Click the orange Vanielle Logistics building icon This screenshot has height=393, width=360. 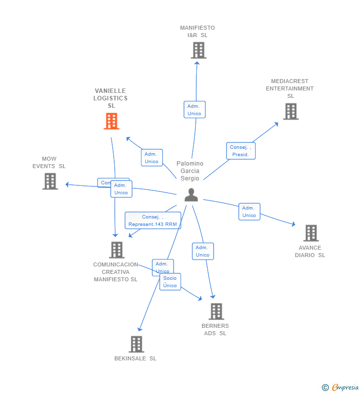(111, 121)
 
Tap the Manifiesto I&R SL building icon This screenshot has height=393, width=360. (198, 50)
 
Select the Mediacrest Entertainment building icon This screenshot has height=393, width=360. (291, 111)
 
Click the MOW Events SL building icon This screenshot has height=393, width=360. (50, 181)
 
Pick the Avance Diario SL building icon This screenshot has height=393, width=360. (311, 233)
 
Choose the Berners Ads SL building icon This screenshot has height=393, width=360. (216, 311)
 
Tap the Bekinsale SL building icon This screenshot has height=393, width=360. (136, 344)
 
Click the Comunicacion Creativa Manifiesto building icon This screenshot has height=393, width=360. (116, 250)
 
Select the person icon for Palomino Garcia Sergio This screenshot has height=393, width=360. (191, 195)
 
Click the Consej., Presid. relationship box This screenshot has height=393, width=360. (241, 151)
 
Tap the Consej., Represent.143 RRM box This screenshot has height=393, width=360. (153, 220)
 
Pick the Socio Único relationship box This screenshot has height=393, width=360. (170, 282)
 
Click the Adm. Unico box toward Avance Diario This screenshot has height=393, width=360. (249, 212)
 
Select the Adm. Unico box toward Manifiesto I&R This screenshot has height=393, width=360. (194, 110)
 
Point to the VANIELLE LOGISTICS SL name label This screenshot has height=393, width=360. (111, 98)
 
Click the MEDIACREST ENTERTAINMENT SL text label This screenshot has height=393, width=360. (290, 88)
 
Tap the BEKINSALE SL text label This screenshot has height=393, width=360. (135, 358)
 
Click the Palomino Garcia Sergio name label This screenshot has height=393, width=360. (190, 171)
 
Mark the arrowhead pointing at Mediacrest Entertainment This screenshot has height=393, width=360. (277, 124)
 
